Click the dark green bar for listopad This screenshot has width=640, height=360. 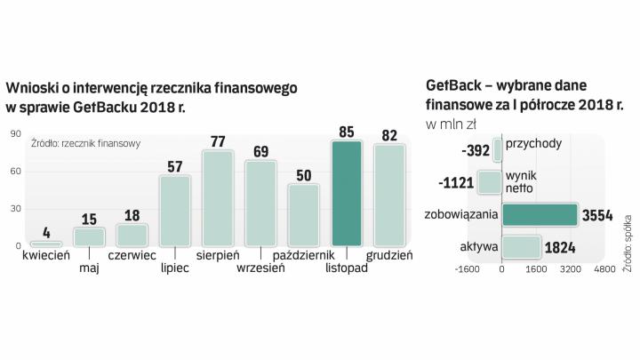click(x=347, y=193)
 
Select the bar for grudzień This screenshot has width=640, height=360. click(x=389, y=195)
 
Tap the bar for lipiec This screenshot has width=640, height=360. click(x=175, y=211)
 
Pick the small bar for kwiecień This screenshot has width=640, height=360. click(x=46, y=243)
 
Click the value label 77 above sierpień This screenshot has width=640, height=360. click(x=218, y=141)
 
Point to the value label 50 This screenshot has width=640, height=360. click(x=303, y=175)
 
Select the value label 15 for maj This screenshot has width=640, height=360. click(x=89, y=219)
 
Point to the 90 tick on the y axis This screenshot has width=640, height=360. click(x=16, y=134)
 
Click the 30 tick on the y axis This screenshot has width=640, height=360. click(x=16, y=209)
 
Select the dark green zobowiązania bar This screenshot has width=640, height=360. click(x=540, y=215)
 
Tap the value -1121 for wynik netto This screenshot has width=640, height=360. click(x=456, y=183)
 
